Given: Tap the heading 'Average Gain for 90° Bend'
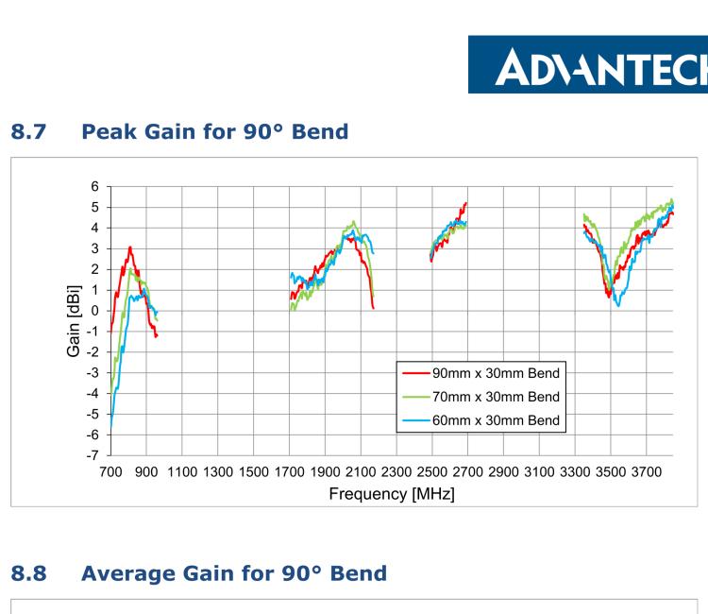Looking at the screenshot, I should pos(234,573).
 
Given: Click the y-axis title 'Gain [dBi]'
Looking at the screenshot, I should pos(74,321).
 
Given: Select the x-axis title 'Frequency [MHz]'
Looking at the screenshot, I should pos(392,493).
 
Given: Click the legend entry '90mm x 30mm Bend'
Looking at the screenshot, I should pos(502,373).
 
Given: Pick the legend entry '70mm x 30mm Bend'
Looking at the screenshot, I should pos(502,397).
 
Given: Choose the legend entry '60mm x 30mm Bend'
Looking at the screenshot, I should pos(502,419).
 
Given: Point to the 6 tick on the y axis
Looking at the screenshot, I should pos(94,186).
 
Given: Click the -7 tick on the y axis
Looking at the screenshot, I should pos(92,456).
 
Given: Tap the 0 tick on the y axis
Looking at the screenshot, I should pos(94,311).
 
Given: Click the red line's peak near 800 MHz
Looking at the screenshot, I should pos(129,247).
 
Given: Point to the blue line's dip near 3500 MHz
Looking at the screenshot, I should pos(618,305).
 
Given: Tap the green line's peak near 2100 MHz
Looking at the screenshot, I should pos(353,222).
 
